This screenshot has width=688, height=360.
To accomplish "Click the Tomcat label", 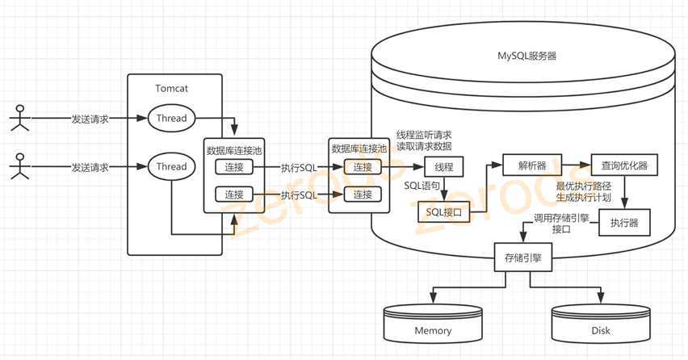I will tap(171, 88).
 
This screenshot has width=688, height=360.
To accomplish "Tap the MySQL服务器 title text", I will tap(526, 57).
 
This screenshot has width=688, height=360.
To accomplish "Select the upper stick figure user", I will tap(19, 118).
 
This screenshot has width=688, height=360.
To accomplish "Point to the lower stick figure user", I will tap(19, 167).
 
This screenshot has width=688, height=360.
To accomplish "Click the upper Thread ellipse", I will tap(171, 118).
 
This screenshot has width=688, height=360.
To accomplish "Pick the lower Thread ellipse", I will tap(171, 167).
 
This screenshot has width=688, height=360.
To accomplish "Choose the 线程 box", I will tap(444, 168).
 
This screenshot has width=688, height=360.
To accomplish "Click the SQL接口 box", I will tap(443, 213).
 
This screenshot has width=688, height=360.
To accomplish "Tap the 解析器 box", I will tap(532, 166).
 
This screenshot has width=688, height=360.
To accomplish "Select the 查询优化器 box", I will tap(623, 166).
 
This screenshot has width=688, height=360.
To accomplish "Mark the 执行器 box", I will tap(625, 223).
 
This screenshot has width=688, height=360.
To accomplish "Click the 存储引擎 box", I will tap(522, 260).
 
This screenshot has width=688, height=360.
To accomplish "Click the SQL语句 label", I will tap(422, 186).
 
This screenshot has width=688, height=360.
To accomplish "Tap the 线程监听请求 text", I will tap(424, 134).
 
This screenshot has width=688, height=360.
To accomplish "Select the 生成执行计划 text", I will tap(584, 198).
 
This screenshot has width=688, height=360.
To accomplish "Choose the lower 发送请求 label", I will tap(89, 167).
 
